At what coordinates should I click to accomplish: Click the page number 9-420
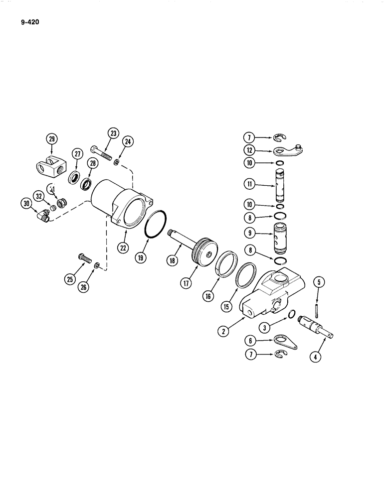pyautogui.click(x=29, y=23)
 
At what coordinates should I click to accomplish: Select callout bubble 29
pyautogui.click(x=52, y=139)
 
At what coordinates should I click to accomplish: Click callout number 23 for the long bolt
pyautogui.click(x=113, y=133)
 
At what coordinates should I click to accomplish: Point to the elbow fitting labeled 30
pyautogui.click(x=43, y=216)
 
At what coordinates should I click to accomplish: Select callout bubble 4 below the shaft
pyautogui.click(x=318, y=357)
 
